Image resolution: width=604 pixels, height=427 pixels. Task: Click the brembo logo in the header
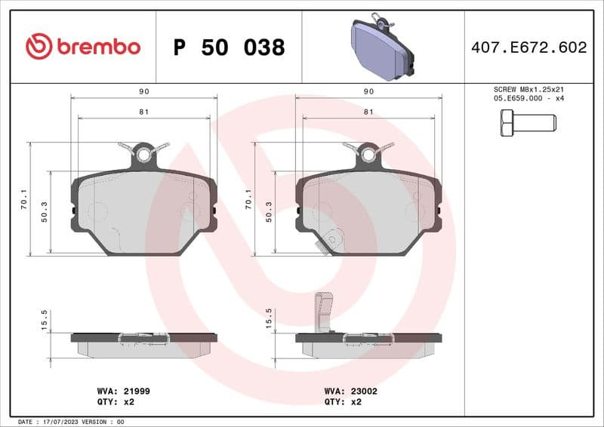83,47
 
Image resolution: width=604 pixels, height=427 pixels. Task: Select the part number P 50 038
229,48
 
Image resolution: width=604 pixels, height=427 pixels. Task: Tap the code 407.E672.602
528,48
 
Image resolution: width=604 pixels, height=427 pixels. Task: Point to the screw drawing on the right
528,122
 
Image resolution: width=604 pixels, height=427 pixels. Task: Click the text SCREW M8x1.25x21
528,89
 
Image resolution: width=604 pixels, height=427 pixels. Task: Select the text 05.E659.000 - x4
528,99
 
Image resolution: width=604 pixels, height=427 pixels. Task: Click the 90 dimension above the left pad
143,91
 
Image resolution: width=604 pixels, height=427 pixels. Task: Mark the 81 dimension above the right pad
368,112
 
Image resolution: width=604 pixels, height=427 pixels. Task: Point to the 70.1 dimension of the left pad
25,199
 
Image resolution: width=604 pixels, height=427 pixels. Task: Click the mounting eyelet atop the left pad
143,155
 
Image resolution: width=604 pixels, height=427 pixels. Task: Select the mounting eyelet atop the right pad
368,155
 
